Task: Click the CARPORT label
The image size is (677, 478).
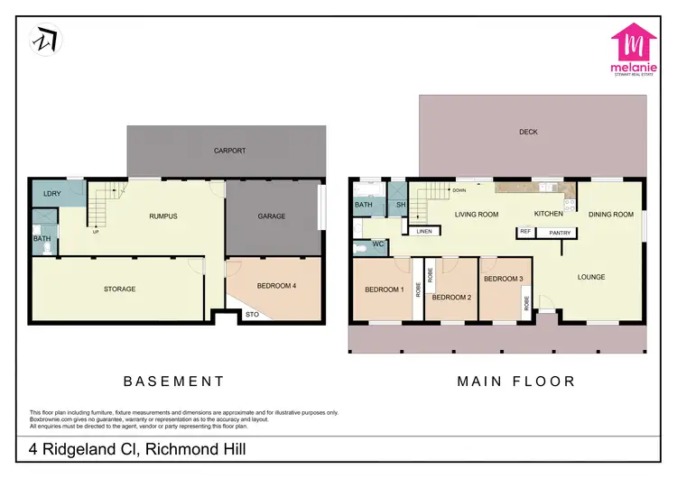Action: point(228,151)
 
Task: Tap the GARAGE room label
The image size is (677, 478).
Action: point(272,216)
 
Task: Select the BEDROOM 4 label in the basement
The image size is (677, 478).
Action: point(277,286)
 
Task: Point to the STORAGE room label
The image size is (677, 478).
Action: point(119,289)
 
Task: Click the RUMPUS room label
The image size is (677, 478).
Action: point(163,216)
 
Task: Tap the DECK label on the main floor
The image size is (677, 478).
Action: point(528,133)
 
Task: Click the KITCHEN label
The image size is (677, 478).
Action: point(548,214)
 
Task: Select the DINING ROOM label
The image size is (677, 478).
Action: point(611,215)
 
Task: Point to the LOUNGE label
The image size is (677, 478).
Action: point(591,277)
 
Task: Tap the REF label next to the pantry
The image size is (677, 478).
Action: point(525,232)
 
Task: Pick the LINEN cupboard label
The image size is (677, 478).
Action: point(424,232)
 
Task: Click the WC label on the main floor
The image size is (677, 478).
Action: point(380,244)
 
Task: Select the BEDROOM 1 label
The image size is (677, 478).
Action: point(384,290)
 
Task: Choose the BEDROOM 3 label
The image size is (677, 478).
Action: point(503,280)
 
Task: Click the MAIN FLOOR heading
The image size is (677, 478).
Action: point(515,381)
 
